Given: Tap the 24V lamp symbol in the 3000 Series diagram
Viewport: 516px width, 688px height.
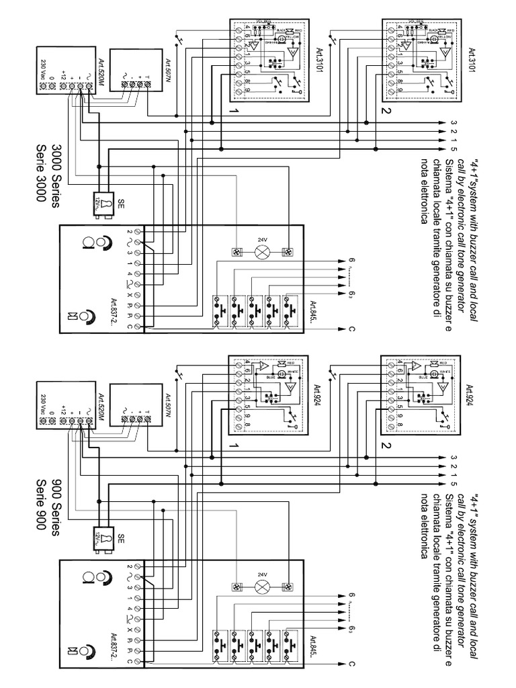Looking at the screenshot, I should [x=262, y=253].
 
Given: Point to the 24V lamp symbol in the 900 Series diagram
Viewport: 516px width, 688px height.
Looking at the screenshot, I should [x=262, y=586].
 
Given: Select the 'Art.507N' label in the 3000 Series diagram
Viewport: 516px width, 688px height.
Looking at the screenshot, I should [x=168, y=69].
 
